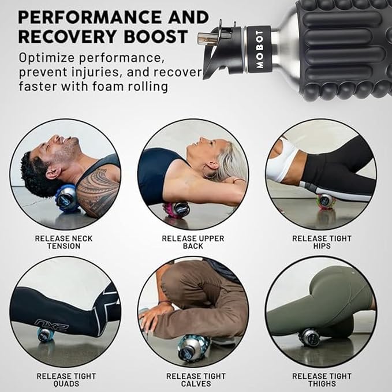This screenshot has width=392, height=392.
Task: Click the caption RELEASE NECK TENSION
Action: (64, 242)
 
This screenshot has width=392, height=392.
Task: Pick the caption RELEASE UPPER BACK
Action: (192, 242)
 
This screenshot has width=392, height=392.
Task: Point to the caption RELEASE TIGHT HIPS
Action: (321, 242)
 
